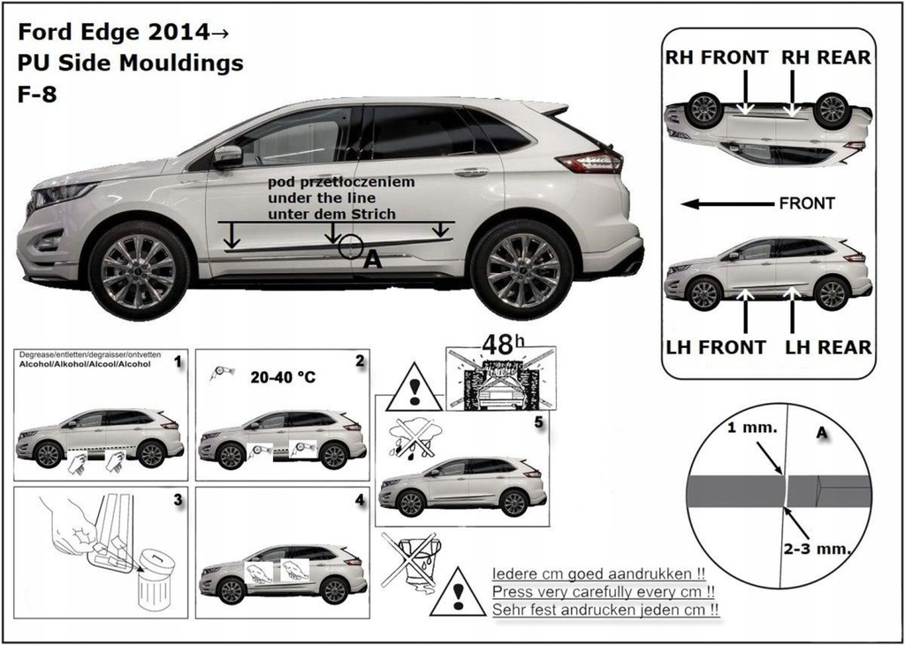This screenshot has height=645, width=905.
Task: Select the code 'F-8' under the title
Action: point(37,94)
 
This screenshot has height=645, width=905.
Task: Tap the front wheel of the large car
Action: point(139,270)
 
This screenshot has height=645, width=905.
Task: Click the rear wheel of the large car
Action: point(521,269)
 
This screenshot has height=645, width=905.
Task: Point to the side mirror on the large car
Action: point(227,156)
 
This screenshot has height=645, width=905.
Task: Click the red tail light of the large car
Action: point(589,161)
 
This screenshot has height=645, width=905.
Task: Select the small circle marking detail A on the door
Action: point(351,246)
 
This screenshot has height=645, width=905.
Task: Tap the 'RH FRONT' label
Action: point(717,57)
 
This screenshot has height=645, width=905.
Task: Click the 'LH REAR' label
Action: point(827,347)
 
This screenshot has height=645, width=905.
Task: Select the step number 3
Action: point(178,500)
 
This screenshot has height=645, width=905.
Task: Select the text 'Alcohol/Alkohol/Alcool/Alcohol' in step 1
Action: point(84,364)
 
